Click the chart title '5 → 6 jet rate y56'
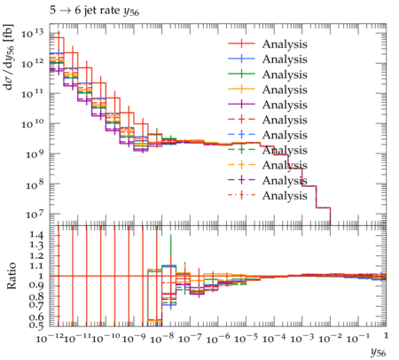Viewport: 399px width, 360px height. [x=94, y=11]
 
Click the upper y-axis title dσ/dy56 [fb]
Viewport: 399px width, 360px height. [x=9, y=57]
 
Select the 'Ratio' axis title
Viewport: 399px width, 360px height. [x=12, y=276]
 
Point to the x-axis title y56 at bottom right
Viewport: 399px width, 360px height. [x=378, y=352]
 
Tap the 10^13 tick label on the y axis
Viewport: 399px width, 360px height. [x=33, y=34]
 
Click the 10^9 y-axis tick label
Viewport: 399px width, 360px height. [x=35, y=154]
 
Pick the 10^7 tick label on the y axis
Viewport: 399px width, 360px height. [x=35, y=214]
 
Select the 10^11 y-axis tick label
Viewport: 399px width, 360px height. [x=33, y=94]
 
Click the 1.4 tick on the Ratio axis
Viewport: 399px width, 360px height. [x=36, y=235]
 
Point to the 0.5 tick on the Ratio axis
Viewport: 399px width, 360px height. [x=36, y=325]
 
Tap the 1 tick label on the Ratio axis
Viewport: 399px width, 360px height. [x=41, y=276]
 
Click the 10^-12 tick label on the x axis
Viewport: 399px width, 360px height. [x=50, y=338]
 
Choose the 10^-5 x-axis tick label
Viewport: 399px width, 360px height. [x=246, y=338]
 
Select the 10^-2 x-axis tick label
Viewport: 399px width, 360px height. [x=330, y=338]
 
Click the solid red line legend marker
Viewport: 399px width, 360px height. [x=241, y=43]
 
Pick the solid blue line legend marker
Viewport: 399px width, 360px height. [x=241, y=59]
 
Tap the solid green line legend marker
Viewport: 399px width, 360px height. [x=241, y=74]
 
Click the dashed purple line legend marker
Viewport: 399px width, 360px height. [x=241, y=180]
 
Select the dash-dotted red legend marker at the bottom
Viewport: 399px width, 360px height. [x=241, y=195]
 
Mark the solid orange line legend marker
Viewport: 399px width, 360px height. [x=241, y=90]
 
